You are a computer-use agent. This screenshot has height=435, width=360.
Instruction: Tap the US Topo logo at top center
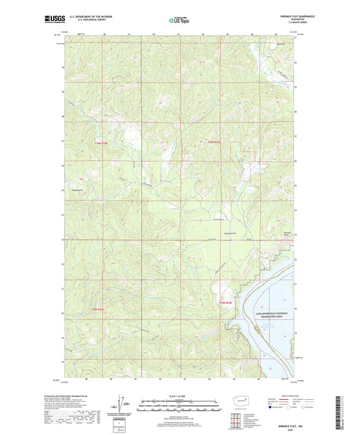click(x=178, y=20)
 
